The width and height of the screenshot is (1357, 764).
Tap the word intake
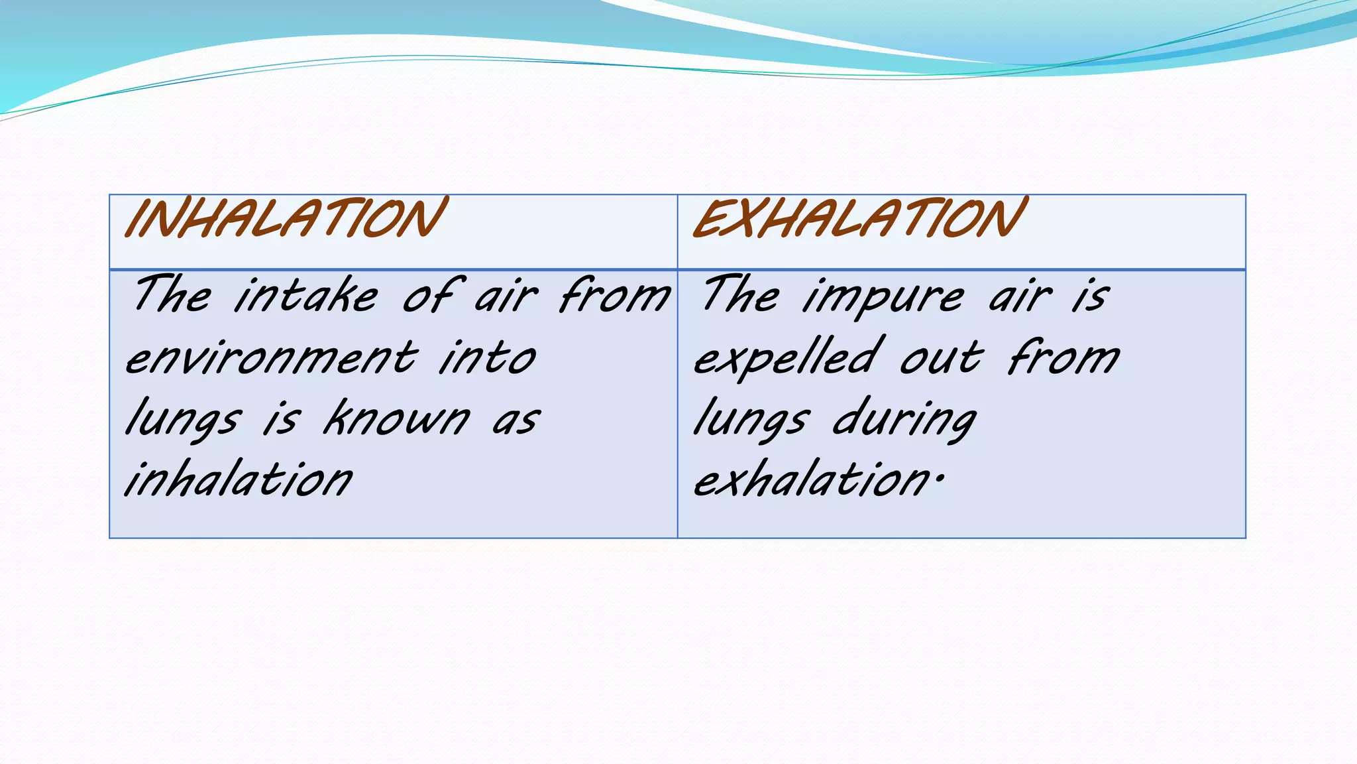(306, 295)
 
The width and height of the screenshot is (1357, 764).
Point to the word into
(487, 358)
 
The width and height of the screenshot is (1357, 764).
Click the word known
(396, 419)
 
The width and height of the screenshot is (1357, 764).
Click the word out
(942, 358)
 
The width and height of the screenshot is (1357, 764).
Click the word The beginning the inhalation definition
(172, 295)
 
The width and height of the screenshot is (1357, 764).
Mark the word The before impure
(741, 295)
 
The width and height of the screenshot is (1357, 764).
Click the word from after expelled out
(1063, 358)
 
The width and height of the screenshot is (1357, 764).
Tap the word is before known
(282, 420)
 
